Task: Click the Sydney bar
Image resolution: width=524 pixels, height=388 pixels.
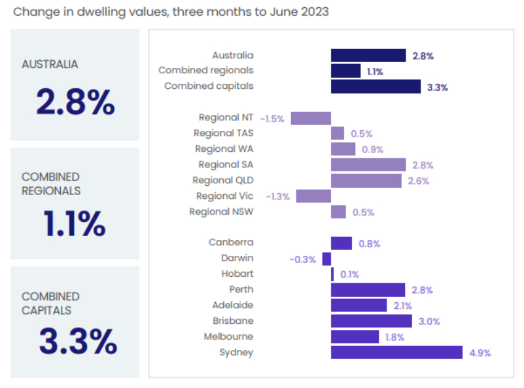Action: pos(396,353)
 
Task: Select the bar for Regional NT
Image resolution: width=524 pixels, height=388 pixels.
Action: pos(311,118)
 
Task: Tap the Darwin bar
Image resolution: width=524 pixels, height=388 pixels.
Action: pos(326,258)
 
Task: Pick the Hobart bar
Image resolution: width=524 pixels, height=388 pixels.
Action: pos(332,274)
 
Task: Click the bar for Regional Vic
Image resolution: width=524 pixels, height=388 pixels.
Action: pos(313,196)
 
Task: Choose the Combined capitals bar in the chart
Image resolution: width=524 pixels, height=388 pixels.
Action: pos(376,86)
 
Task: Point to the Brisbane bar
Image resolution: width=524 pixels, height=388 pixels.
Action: pos(371,321)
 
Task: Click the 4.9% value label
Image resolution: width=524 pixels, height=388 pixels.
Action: pos(480,353)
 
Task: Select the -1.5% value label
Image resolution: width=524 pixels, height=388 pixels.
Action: pos(271,119)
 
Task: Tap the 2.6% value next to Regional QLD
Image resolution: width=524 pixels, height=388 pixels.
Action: pos(419,181)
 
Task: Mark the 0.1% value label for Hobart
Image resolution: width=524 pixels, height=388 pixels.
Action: pos(351,275)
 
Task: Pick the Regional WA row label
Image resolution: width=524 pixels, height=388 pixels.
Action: pos(224,149)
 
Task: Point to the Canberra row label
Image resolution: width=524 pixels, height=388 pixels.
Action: pos(231,243)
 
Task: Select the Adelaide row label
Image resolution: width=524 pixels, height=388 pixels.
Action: pos(233,305)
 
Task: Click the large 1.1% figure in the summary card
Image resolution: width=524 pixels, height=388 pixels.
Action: pos(74,224)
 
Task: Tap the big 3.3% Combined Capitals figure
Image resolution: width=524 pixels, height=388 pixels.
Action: pos(77,341)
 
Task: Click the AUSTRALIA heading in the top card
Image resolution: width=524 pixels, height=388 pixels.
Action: pos(50,64)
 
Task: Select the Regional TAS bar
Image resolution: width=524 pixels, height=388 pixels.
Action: pos(338,133)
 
